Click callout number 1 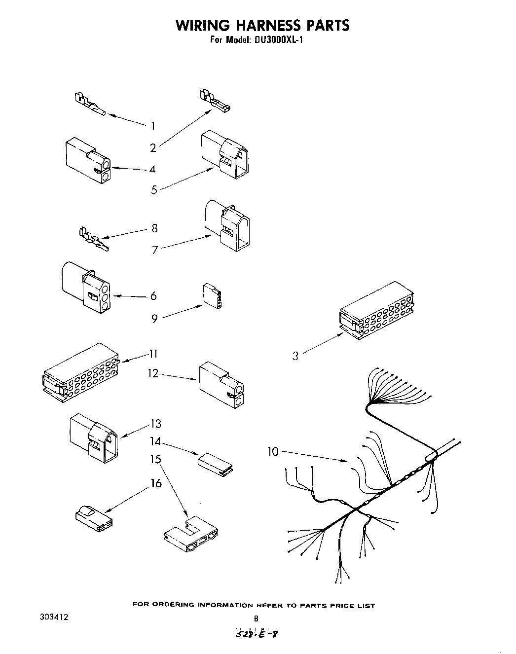[153, 125]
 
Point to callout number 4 [152, 169]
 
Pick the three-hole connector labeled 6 [86, 289]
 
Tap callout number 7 [154, 250]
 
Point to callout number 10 [273, 451]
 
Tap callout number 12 [153, 373]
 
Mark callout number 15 [156, 459]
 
